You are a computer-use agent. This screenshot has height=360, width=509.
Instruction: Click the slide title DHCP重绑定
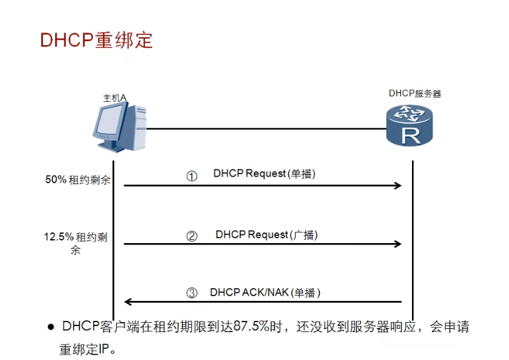coord(96,40)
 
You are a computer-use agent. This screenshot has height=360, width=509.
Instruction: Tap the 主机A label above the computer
coord(114,98)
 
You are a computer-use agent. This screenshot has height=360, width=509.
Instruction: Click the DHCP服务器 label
coord(415,94)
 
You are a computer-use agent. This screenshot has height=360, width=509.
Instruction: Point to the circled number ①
coord(192,177)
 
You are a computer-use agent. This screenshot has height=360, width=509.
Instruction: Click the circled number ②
coord(192,236)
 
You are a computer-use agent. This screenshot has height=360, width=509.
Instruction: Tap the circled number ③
coord(192,293)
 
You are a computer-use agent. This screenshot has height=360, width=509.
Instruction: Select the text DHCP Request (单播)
coord(264,174)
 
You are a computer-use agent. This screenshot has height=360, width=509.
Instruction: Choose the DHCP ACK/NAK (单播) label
coord(265,292)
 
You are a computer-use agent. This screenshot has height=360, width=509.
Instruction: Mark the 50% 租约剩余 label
coord(78,179)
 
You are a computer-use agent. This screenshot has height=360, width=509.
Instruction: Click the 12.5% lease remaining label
coord(76,242)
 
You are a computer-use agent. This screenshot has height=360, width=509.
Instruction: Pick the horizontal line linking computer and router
coord(266,129)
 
